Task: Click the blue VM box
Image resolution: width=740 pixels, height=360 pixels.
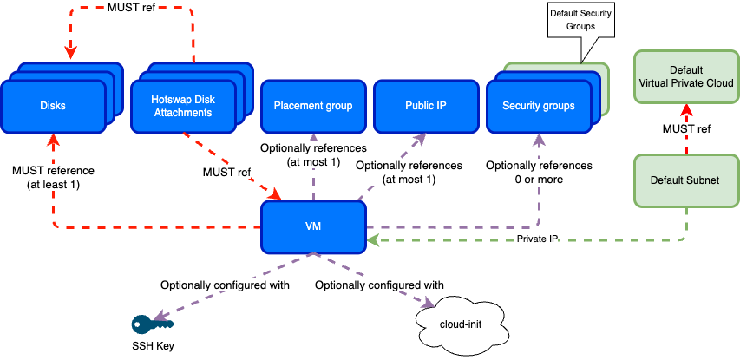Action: pyautogui.click(x=313, y=226)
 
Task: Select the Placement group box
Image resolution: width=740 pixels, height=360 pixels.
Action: pyautogui.click(x=313, y=106)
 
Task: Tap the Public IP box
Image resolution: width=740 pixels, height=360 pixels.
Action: pyautogui.click(x=425, y=106)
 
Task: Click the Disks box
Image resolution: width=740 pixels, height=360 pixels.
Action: pyautogui.click(x=53, y=106)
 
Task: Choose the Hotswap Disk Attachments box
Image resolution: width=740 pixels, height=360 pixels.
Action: pyautogui.click(x=183, y=106)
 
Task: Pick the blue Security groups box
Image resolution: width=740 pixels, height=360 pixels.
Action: pyautogui.click(x=538, y=106)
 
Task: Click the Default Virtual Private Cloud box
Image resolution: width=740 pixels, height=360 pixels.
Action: pyautogui.click(x=686, y=76)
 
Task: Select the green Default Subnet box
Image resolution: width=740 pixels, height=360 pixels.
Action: pyautogui.click(x=686, y=180)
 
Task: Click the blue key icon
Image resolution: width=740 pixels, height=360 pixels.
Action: pyautogui.click(x=152, y=324)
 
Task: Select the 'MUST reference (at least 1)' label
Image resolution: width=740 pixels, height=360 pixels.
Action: pyautogui.click(x=53, y=177)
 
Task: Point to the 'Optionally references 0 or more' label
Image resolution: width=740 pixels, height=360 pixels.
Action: pyautogui.click(x=538, y=172)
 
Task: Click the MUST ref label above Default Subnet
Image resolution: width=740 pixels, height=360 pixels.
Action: pyautogui.click(x=686, y=129)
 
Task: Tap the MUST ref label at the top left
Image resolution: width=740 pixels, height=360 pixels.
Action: pyautogui.click(x=132, y=9)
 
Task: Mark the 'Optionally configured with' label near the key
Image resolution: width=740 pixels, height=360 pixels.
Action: pyautogui.click(x=225, y=285)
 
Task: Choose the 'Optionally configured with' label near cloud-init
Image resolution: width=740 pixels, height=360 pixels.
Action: pyautogui.click(x=379, y=285)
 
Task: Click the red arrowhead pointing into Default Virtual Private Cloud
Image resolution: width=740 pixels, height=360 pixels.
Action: pyautogui.click(x=686, y=109)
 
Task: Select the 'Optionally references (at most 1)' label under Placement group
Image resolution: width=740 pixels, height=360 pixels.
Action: pyautogui.click(x=313, y=154)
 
